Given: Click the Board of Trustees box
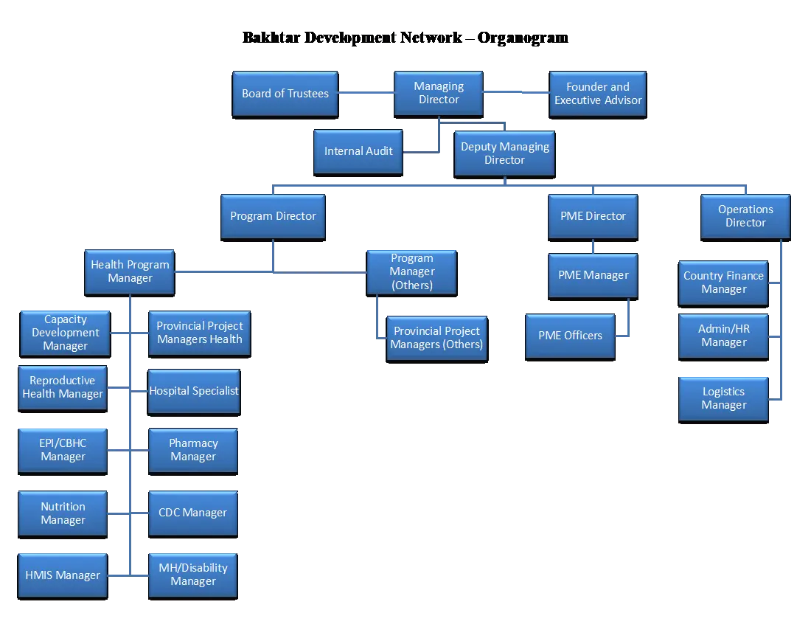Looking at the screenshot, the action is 285,94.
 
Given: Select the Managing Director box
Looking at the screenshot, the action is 439,94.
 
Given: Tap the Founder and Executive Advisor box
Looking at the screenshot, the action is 598,94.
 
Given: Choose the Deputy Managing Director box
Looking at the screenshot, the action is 505,154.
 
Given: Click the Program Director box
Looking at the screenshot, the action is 273,218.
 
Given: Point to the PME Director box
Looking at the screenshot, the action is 594,218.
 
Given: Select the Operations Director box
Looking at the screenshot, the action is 745,218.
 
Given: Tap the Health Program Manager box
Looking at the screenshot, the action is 130,273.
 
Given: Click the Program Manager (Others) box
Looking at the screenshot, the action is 411,273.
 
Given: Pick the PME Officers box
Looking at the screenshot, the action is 571,337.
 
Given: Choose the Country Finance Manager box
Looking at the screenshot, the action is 723,283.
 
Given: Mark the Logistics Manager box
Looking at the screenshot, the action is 723,400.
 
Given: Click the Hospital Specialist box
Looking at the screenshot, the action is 194,392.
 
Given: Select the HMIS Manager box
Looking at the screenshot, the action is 63,576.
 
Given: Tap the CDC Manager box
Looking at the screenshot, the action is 193,514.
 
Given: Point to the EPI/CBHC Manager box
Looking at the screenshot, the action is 63,451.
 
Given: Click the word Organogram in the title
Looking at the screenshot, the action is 523,38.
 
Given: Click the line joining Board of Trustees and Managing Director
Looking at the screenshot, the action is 366,93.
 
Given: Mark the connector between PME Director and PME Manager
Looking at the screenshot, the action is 594,247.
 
